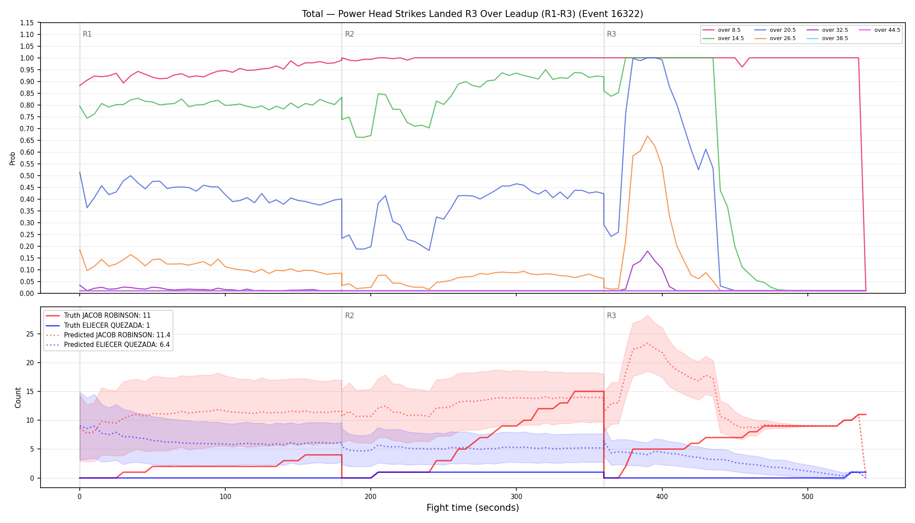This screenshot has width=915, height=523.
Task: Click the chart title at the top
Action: (x=472, y=14)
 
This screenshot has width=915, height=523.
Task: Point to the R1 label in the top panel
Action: (x=87, y=34)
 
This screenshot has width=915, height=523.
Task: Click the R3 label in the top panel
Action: (x=611, y=34)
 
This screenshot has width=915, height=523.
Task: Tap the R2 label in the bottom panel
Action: (x=349, y=316)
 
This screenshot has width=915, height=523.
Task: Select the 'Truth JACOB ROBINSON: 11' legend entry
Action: (x=107, y=316)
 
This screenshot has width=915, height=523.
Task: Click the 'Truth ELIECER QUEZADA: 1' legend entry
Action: (x=107, y=325)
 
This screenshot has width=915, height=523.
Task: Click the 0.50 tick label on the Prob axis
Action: (x=27, y=176)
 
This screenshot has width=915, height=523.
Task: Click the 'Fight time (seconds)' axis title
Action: (x=473, y=508)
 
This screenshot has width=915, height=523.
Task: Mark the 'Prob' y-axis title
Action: (x=13, y=158)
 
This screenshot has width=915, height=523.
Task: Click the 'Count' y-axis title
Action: (x=18, y=397)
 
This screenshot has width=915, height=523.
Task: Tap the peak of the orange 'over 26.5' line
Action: (x=647, y=136)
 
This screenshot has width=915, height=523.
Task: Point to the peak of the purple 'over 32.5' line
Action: (x=647, y=251)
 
